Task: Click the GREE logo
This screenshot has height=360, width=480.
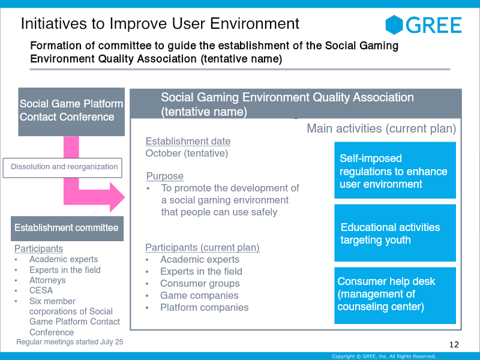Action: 424,25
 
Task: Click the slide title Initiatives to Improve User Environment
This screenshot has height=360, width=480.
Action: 160,23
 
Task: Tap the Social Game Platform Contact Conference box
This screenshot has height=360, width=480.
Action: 71,110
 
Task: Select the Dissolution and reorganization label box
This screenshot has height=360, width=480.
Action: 65,167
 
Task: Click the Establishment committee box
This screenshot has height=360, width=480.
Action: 67,228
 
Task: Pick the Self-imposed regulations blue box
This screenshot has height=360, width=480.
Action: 395,171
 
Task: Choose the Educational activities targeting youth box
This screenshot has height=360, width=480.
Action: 395,233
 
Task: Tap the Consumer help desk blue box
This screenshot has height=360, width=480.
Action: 395,295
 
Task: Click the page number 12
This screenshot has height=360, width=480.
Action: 454,344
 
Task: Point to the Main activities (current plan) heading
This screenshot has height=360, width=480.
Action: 381,128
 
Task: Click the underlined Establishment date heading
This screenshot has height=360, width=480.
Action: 188,142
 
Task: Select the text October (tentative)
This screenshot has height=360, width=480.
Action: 187,153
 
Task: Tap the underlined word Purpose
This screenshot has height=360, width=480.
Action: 165,176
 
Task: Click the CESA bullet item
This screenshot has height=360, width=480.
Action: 41,290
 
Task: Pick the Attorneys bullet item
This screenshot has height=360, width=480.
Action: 47,280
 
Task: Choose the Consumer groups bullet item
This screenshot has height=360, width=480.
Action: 200,283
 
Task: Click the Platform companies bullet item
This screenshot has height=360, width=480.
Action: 204,307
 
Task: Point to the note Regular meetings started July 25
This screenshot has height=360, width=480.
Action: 70,342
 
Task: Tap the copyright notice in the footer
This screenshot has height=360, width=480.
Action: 384,356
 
